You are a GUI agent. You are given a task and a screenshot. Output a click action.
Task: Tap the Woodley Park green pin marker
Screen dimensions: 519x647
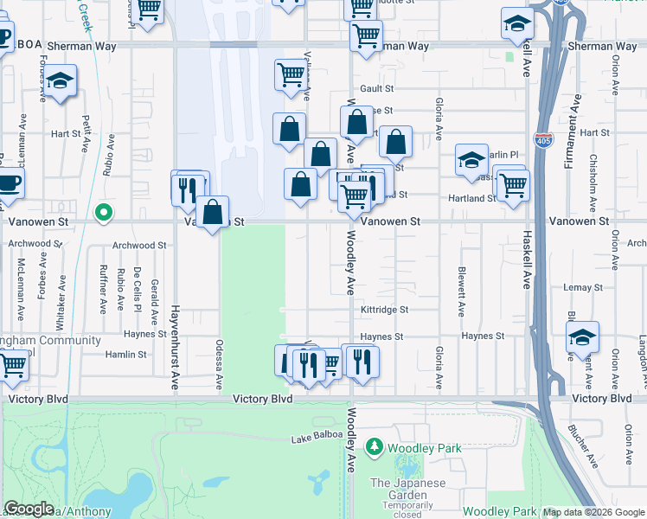(x=375, y=447)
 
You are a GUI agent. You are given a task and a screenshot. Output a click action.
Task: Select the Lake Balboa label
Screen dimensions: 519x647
(x=312, y=440)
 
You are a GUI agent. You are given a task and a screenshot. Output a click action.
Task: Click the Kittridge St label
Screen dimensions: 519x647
(x=385, y=309)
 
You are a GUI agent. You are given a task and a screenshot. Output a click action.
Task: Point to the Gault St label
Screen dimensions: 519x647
(x=377, y=88)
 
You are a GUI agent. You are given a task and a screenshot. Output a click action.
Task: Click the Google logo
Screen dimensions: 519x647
(x=29, y=509)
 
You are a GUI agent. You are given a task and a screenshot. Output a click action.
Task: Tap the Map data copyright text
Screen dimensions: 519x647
(x=593, y=512)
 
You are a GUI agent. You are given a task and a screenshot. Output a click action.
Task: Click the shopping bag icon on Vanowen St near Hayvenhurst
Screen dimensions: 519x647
(x=212, y=211)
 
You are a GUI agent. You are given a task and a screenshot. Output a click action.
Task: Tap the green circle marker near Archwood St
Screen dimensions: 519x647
(x=104, y=212)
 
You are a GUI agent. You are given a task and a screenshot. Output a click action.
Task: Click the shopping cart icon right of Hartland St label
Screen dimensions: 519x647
(x=514, y=185)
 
